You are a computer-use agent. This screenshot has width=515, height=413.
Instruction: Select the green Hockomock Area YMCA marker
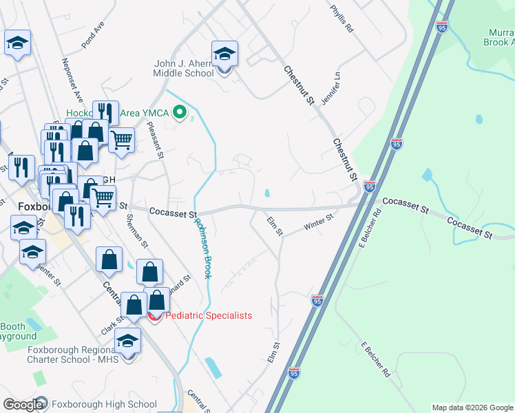(180, 112)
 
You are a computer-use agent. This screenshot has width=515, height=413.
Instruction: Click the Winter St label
(319, 222)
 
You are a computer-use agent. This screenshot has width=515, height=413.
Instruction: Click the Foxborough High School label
(104, 405)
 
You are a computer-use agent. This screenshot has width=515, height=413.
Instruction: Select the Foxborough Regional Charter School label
(73, 354)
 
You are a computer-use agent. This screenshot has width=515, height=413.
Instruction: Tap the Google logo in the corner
(24, 405)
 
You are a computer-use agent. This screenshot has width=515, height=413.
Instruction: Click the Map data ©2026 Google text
(472, 407)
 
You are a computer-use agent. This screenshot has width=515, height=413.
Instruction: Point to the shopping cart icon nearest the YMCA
(121, 140)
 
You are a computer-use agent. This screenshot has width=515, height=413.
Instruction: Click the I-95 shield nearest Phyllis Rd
(442, 27)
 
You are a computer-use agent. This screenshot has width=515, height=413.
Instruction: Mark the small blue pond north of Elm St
(266, 193)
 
